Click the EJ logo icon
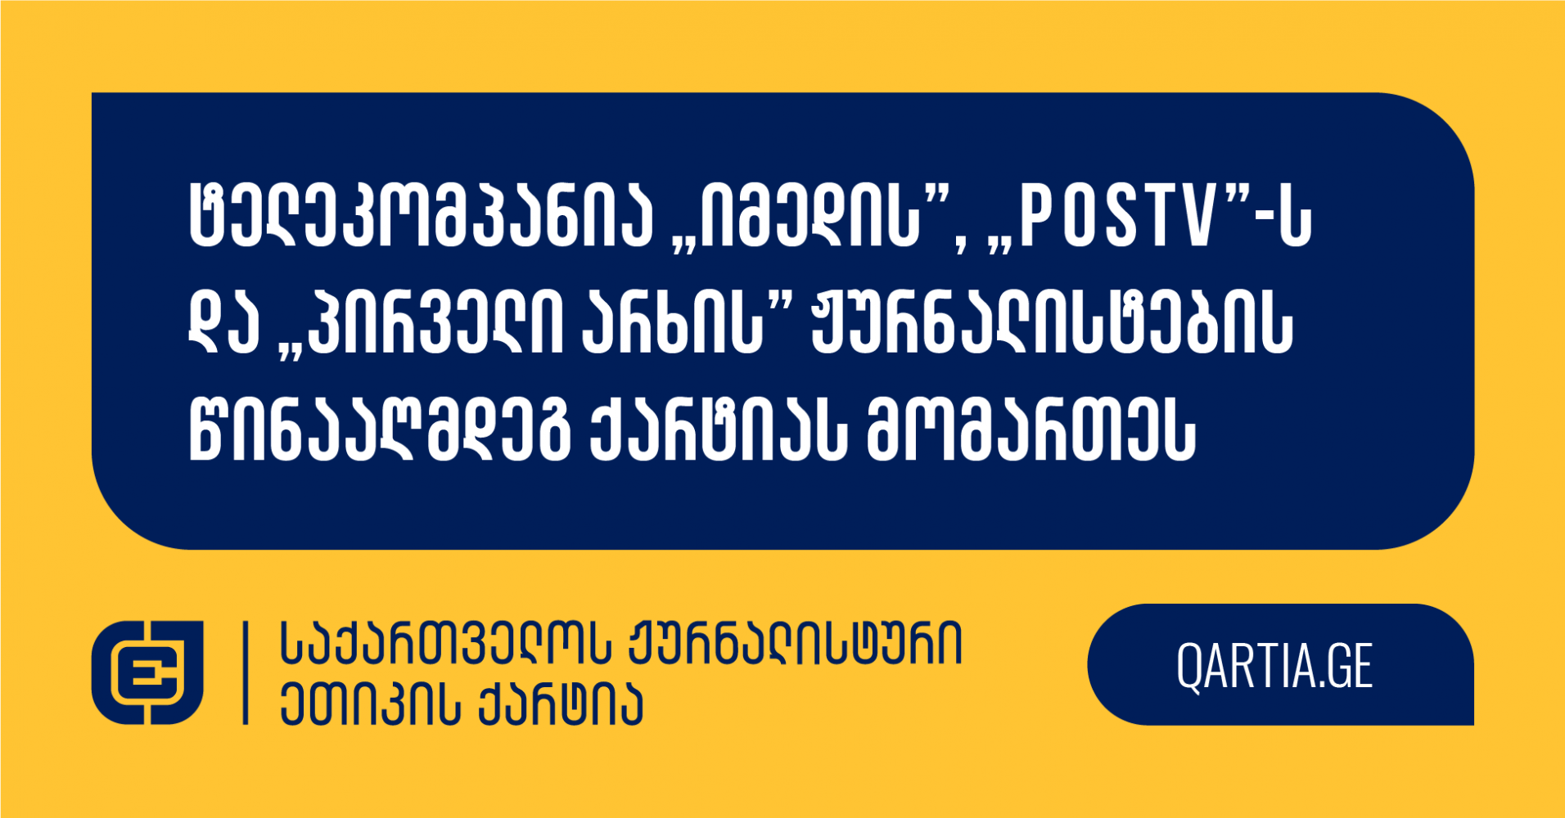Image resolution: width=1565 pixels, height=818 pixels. (147, 672)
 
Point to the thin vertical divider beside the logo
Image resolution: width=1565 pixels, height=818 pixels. (245, 672)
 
